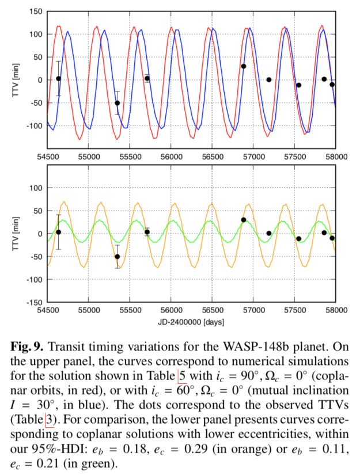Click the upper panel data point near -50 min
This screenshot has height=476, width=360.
coord(117,103)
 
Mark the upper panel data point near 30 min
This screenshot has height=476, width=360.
coord(244,66)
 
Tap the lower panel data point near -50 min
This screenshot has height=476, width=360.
coord(117,257)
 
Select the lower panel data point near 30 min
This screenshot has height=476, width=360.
coord(244,220)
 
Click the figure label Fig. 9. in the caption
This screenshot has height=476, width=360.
coord(28,348)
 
